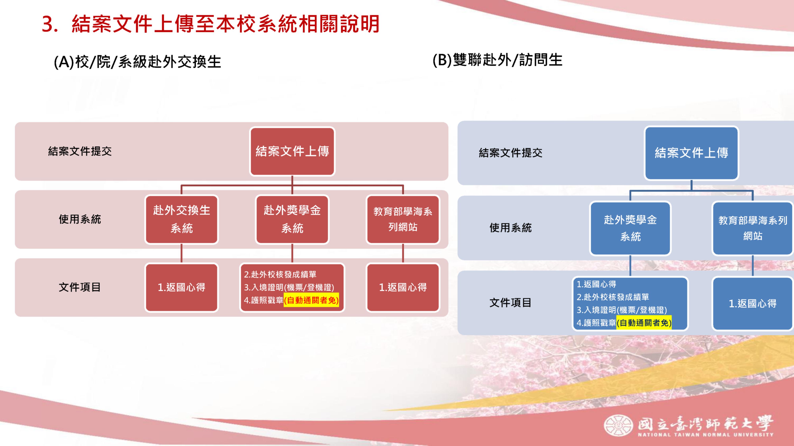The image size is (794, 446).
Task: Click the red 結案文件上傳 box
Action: pos(292,151)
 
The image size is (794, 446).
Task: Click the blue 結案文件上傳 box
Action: pos(691,153)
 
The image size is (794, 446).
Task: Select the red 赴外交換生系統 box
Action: pos(182,219)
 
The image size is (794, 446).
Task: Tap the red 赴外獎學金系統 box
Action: pos(292,219)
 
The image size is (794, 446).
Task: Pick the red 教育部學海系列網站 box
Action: pos(403,219)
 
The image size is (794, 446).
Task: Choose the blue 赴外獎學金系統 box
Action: pos(630,228)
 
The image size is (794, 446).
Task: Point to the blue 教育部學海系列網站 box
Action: pos(753,228)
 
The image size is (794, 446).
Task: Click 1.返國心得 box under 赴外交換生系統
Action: pos(182,287)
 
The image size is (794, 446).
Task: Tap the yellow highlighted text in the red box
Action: pos(311,300)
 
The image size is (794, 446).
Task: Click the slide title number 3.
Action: pos(50,24)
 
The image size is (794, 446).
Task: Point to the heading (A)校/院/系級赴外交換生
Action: pos(138,62)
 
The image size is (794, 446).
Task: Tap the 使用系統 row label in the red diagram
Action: pos(80,219)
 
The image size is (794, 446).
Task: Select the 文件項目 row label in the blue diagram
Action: pos(510,302)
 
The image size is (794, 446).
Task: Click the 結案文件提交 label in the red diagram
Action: pos(80,151)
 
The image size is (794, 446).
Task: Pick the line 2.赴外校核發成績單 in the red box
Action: pos(280,274)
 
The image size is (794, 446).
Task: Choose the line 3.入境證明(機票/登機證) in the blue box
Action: pos(622,310)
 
